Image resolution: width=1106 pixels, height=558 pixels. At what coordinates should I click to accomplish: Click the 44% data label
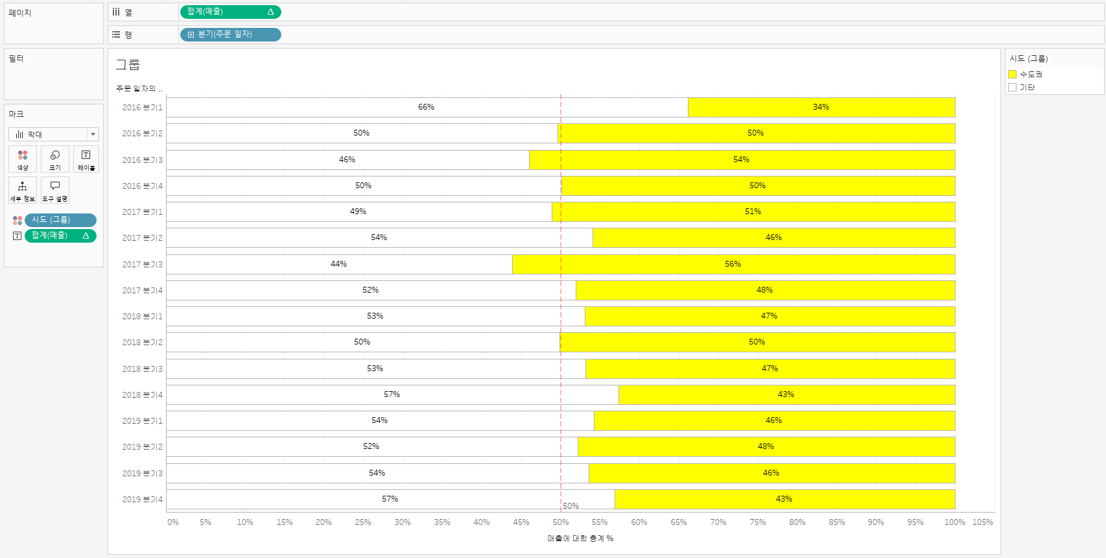338,264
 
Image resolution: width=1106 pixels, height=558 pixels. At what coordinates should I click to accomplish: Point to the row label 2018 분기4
142,395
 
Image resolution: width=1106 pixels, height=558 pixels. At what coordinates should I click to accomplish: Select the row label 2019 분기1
142,421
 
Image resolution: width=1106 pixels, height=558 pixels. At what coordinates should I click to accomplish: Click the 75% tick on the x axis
757,522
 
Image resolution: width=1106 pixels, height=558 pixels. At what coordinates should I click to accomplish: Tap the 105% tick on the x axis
982,522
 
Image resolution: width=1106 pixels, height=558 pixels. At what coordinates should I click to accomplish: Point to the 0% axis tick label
172,522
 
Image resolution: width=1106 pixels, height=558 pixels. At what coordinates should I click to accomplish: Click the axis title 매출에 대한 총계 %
580,539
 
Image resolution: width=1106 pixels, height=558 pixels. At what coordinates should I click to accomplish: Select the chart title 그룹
128,65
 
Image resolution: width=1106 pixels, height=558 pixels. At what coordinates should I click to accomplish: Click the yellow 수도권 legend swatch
1012,75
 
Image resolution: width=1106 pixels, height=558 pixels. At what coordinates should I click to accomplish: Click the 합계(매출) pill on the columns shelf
230,12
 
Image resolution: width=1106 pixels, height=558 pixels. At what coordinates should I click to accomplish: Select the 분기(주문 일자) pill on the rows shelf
230,34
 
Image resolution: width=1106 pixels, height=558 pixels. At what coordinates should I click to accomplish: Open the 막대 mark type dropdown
54,134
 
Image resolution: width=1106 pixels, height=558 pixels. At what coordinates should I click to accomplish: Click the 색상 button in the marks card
23,159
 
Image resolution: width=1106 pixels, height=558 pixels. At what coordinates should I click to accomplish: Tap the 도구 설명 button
55,190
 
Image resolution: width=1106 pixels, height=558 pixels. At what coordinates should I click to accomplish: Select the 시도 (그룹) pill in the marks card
60,220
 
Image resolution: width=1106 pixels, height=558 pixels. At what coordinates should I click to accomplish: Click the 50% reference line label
571,506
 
